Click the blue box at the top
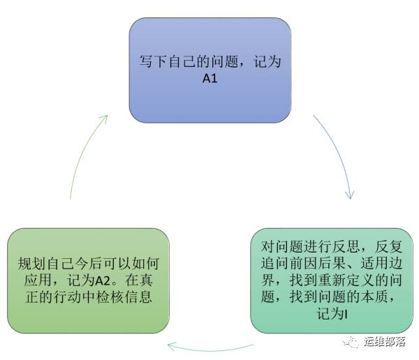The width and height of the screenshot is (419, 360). (209, 70)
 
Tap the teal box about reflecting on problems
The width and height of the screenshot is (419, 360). (331, 280)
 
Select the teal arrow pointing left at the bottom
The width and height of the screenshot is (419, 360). (209, 346)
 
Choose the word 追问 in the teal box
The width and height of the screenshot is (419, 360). (278, 264)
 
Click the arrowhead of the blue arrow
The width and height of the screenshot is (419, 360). (349, 195)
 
